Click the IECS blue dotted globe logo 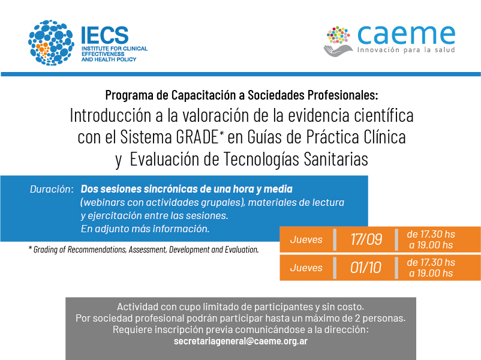[x=51, y=43]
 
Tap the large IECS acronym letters [x=104, y=35]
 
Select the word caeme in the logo [x=406, y=35]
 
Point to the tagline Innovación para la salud [x=406, y=50]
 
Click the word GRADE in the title [x=197, y=137]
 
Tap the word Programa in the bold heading [x=130, y=95]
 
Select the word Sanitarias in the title [x=336, y=159]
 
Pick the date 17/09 [x=366, y=239]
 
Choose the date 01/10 [x=366, y=268]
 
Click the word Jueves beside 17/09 [x=306, y=239]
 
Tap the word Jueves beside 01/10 [x=306, y=268]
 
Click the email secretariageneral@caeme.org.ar [x=240, y=341]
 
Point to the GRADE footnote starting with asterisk [x=143, y=250]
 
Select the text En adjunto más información [x=145, y=229]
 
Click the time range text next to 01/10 [x=431, y=268]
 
